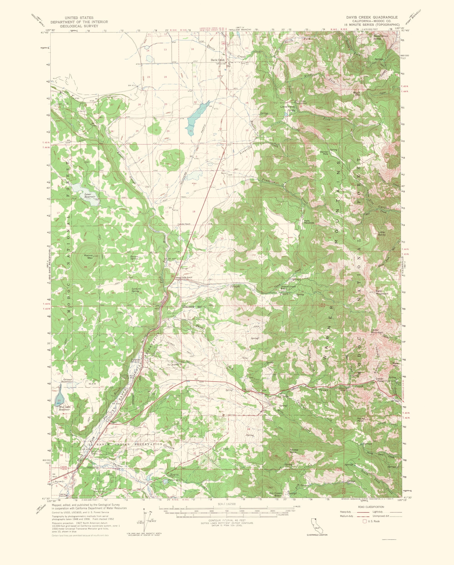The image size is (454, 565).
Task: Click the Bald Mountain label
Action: [x=382, y=292]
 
